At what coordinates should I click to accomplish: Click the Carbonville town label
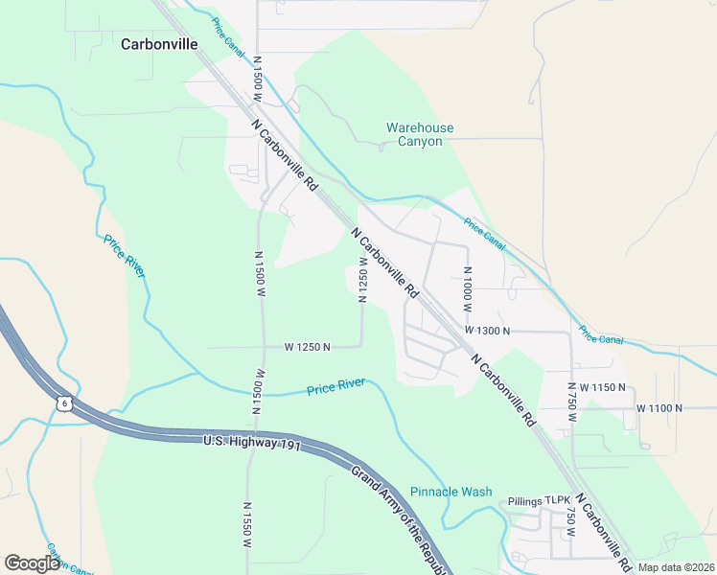point(159,44)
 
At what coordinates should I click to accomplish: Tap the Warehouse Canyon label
point(420,134)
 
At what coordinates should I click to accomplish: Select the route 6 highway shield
point(63,404)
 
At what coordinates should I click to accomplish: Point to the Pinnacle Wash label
point(451,492)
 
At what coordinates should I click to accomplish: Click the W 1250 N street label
point(307,347)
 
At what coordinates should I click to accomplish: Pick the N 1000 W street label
point(468,286)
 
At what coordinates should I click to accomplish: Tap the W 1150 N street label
point(602,388)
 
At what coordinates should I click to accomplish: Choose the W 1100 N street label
point(659,407)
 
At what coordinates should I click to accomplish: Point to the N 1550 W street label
point(247,525)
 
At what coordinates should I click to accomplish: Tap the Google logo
point(32,563)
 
